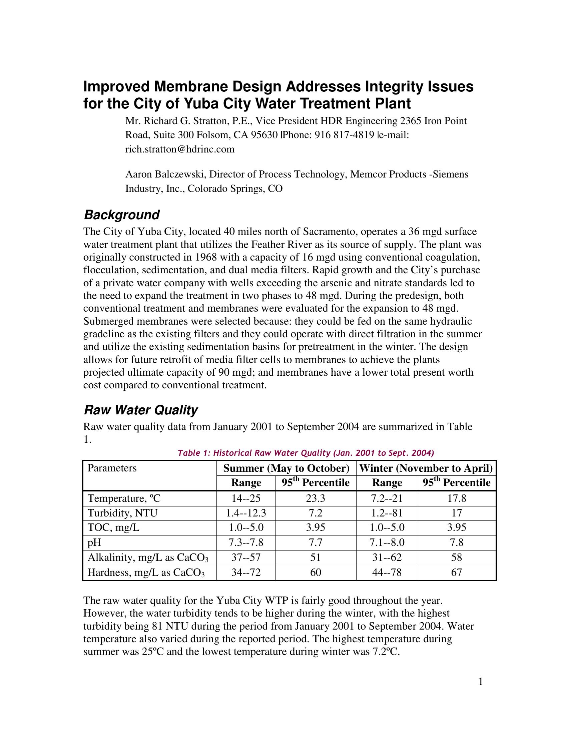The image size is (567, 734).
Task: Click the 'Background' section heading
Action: click(122, 215)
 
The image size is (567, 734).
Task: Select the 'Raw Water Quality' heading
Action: click(141, 410)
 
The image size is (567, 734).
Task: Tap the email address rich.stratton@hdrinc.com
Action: click(180, 149)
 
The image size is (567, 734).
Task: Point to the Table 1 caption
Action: click(306, 453)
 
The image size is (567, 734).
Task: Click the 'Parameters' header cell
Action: click(112, 468)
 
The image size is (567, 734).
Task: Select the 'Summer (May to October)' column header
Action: click(286, 468)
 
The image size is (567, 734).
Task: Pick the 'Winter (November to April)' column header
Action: click(426, 468)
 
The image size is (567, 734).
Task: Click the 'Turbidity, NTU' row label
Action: click(123, 513)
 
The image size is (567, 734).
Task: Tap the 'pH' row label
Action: click(94, 542)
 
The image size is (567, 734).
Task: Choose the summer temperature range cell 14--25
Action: click(246, 498)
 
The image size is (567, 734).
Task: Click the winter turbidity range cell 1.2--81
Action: click(387, 513)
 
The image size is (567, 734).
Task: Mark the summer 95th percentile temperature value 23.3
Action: click(316, 498)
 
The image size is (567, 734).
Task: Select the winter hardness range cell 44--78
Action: click(387, 572)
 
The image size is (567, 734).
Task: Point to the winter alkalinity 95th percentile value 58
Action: click(457, 558)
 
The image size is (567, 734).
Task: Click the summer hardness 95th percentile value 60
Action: click(316, 572)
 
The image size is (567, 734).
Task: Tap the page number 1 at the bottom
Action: click(481, 682)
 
